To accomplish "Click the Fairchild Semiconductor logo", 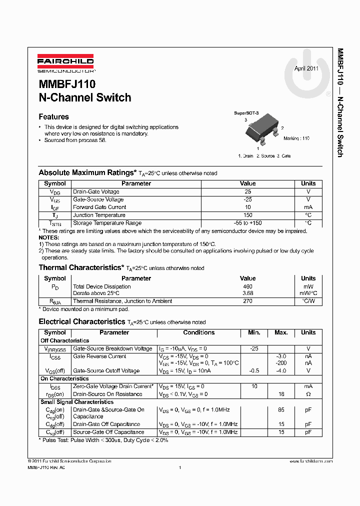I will pos(65,64).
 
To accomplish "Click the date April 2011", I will pos(306,68).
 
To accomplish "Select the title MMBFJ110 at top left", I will pos(67,84).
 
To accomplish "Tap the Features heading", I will pos(54,116).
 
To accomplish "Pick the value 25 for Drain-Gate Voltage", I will pos(247,191).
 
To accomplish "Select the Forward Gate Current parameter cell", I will pos(99,207).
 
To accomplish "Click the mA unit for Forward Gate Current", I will pos(308,207).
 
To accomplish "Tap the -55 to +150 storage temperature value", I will pos(247,223).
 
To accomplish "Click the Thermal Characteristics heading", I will pos(81,267).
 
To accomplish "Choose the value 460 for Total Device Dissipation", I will pos(247,286).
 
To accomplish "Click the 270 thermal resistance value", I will pos(247,301).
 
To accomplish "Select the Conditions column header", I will pos(198,332).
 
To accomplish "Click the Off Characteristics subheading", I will pos(65,340).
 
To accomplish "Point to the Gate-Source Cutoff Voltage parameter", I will pos(106,370).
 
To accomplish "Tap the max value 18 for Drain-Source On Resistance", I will pos(281,394).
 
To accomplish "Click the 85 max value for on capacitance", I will pos(281,409).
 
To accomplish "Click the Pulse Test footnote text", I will pos(103,440).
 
